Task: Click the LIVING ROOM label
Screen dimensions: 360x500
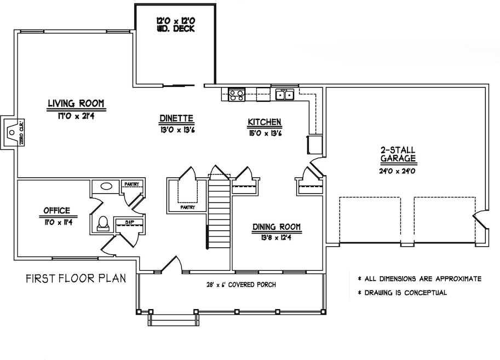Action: (76, 103)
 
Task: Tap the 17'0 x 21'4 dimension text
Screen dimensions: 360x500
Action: (76, 114)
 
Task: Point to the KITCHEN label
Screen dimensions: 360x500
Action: (265, 121)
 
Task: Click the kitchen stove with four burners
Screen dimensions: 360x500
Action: (237, 95)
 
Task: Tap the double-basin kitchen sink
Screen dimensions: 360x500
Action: (284, 95)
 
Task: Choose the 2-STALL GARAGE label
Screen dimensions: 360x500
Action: (398, 154)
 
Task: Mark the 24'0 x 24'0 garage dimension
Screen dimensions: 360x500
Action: (398, 171)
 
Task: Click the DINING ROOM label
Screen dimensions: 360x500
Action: (277, 227)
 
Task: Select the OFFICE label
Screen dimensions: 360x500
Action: (56, 211)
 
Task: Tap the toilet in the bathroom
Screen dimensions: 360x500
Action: (102, 223)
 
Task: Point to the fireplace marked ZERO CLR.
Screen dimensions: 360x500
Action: (11, 132)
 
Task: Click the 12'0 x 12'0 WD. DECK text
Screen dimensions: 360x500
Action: (175, 24)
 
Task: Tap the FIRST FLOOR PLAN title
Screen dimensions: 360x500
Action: (76, 278)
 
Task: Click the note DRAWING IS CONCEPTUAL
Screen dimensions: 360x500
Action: (402, 293)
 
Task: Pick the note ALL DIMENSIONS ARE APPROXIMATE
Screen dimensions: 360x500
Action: (419, 278)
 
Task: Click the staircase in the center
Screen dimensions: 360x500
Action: (219, 213)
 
